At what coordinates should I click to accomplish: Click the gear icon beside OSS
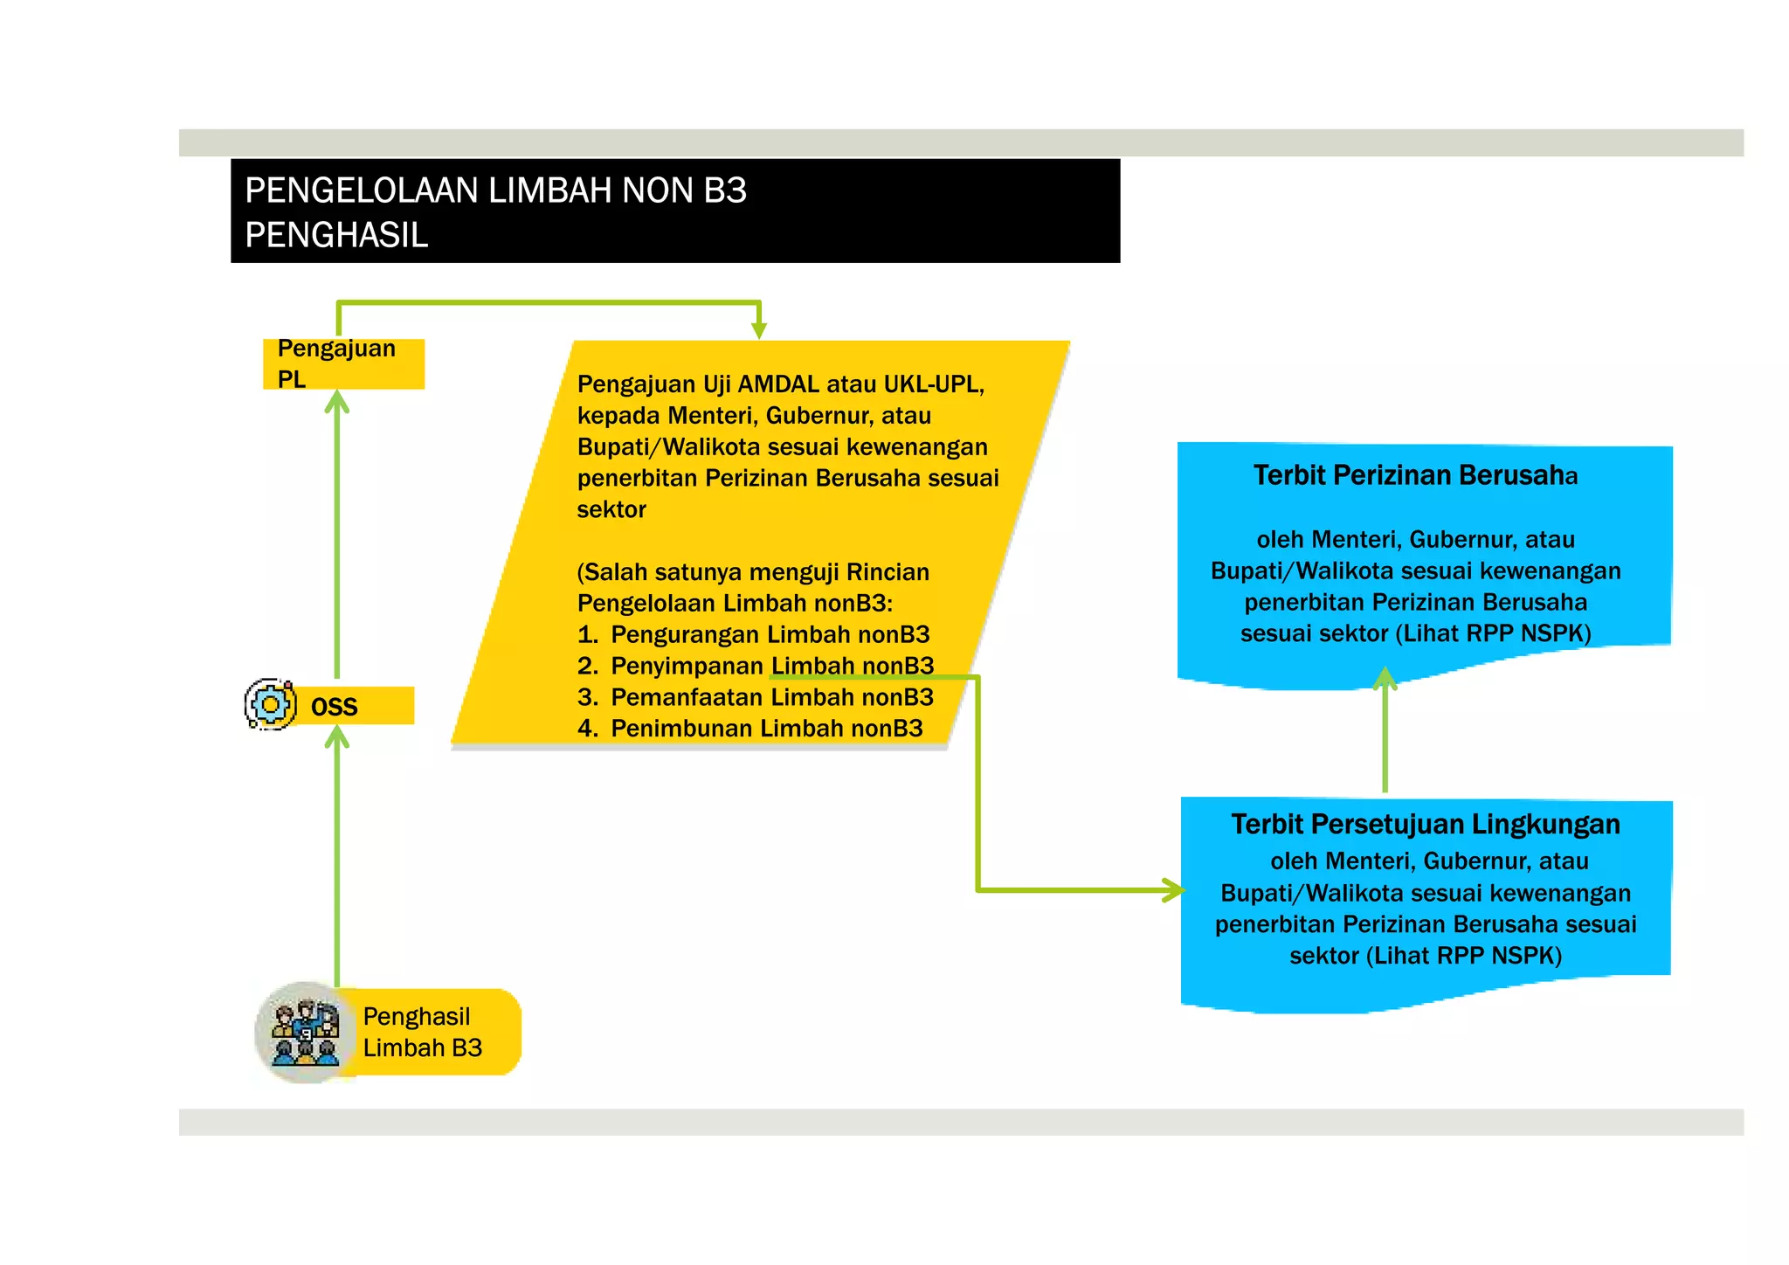click(x=271, y=704)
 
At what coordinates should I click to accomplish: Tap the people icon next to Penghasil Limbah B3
click(x=305, y=1033)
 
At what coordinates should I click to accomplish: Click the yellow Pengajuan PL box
click(x=343, y=363)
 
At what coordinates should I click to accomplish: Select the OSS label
click(x=335, y=707)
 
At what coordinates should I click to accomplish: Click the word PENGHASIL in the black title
click(x=336, y=235)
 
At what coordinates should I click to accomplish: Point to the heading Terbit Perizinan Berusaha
click(x=1415, y=475)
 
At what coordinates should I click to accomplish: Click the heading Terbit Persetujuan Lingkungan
click(x=1426, y=824)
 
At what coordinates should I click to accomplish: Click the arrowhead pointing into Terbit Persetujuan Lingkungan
click(x=1174, y=890)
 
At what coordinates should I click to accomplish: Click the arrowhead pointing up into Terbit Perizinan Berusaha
click(x=1385, y=678)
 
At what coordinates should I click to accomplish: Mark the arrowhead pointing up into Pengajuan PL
click(x=337, y=402)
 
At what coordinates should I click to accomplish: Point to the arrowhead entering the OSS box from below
click(x=337, y=738)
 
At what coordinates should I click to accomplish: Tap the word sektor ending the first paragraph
click(x=611, y=509)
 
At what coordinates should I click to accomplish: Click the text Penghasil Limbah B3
click(x=422, y=1032)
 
